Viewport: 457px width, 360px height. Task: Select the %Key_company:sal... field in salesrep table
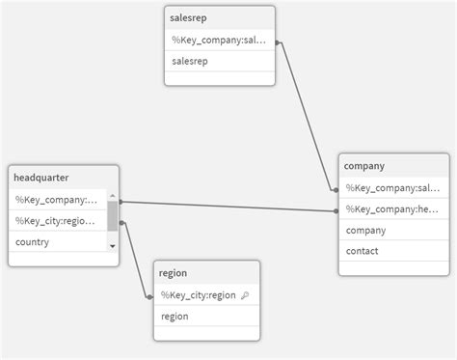pos(221,41)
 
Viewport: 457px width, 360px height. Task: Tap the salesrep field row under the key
pos(190,62)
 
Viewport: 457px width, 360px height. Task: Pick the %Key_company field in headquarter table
pos(57,200)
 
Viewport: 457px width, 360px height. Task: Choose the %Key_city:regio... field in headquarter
pos(57,221)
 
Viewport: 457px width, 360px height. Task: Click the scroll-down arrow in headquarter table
pos(113,246)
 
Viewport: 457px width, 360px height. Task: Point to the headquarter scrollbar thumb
pos(113,215)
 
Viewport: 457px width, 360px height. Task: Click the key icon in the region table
pos(244,295)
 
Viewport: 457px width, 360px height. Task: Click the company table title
pos(364,166)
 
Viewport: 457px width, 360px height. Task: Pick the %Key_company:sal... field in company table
pos(391,188)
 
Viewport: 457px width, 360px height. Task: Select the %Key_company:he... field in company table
pos(391,209)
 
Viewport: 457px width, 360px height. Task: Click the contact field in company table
pos(362,251)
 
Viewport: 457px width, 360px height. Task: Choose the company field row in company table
pos(365,231)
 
